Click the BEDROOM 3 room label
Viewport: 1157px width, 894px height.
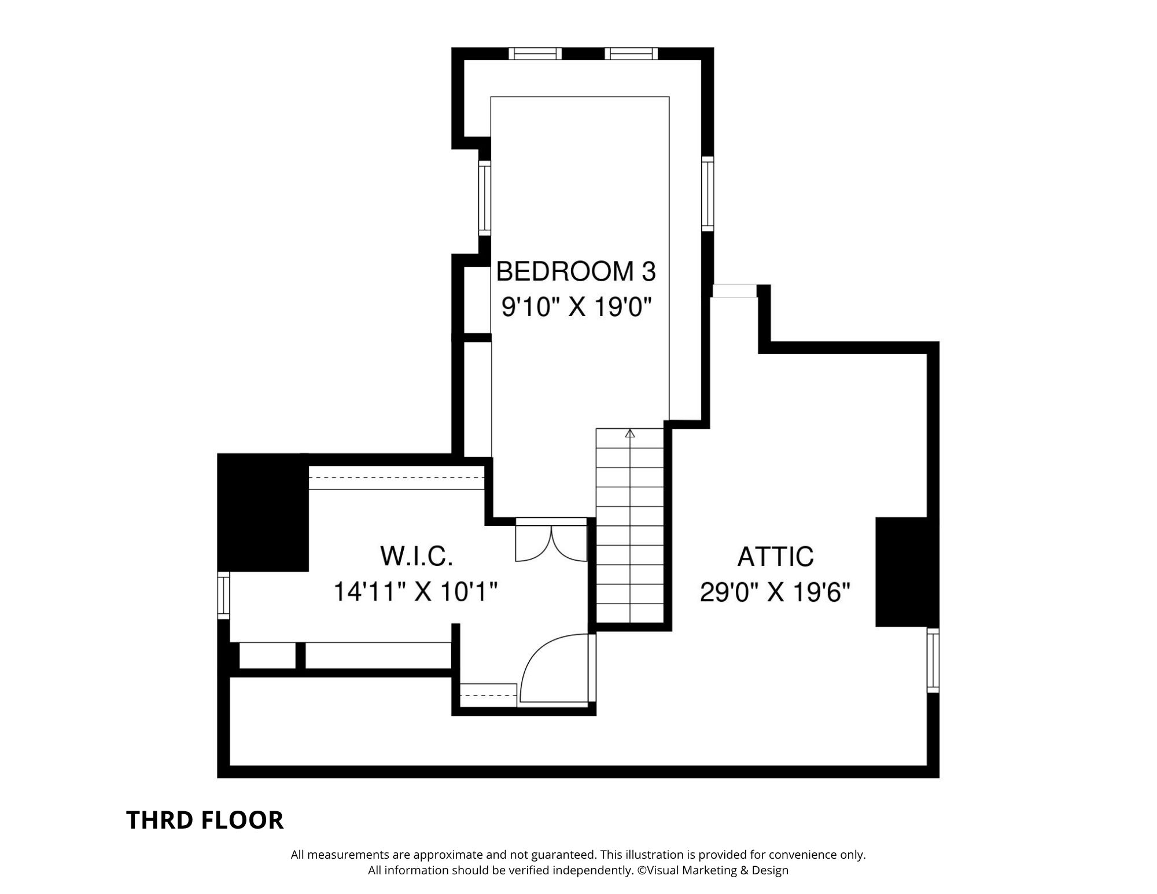[576, 271]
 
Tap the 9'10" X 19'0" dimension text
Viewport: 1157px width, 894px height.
[576, 307]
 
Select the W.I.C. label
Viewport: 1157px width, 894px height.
[416, 556]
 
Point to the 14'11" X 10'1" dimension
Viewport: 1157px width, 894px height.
[415, 592]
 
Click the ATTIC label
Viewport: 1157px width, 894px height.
[775, 556]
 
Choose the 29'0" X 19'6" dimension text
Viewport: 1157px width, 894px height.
[775, 592]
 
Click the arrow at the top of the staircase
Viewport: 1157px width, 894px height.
[630, 433]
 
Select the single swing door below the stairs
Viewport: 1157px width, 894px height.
[555, 668]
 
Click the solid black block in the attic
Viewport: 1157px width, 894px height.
[901, 572]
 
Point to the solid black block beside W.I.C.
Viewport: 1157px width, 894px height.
[263, 513]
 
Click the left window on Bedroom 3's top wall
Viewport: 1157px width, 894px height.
[535, 54]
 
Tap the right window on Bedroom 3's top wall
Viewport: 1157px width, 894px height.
[631, 54]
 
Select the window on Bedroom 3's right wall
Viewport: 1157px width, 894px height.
[707, 193]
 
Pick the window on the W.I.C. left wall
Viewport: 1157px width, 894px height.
[223, 594]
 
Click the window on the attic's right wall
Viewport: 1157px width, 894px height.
[933, 660]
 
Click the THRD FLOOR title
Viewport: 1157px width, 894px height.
[205, 820]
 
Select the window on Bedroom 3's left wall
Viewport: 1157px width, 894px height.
[484, 198]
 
